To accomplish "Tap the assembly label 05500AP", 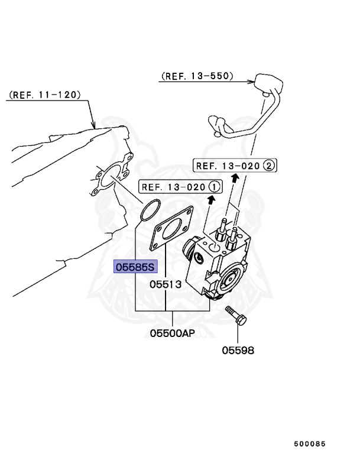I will pyautogui.click(x=172, y=333).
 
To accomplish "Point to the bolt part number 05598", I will pyautogui.click(x=238, y=350).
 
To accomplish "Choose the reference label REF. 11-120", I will pyautogui.click(x=45, y=95).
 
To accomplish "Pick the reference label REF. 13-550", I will pyautogui.click(x=197, y=76).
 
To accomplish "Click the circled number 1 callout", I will pyautogui.click(x=214, y=187).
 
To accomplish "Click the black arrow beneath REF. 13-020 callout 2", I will pyautogui.click(x=235, y=177).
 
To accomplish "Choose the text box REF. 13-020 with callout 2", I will pyautogui.click(x=235, y=166).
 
